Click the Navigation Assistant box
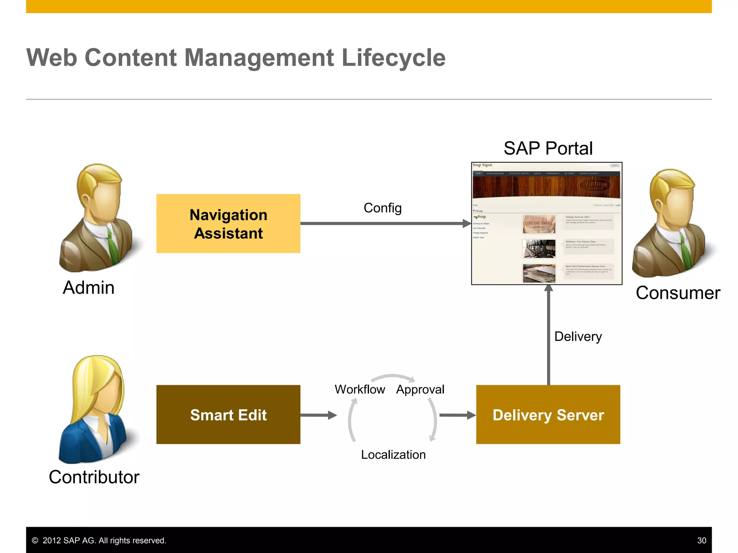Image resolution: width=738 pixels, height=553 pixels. point(228,224)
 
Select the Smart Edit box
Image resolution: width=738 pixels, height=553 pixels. point(228,414)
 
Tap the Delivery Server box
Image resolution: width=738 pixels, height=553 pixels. point(548,414)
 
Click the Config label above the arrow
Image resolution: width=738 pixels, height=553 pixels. point(382,208)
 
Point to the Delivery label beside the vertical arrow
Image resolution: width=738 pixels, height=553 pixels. point(578,337)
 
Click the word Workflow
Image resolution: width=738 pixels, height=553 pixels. point(360,390)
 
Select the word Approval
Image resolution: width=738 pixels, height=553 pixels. point(420,390)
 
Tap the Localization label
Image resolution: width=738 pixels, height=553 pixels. point(393,455)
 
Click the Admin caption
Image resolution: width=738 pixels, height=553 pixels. point(89,288)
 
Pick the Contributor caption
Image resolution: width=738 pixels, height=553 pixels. point(94,477)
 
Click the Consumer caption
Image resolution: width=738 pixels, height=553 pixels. point(678,293)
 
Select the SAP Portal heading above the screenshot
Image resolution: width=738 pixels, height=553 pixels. point(548,148)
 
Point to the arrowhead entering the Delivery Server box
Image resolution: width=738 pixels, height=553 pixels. point(471,415)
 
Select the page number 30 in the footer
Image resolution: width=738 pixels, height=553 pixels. point(701,540)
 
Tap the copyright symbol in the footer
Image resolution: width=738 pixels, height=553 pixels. point(35,540)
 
